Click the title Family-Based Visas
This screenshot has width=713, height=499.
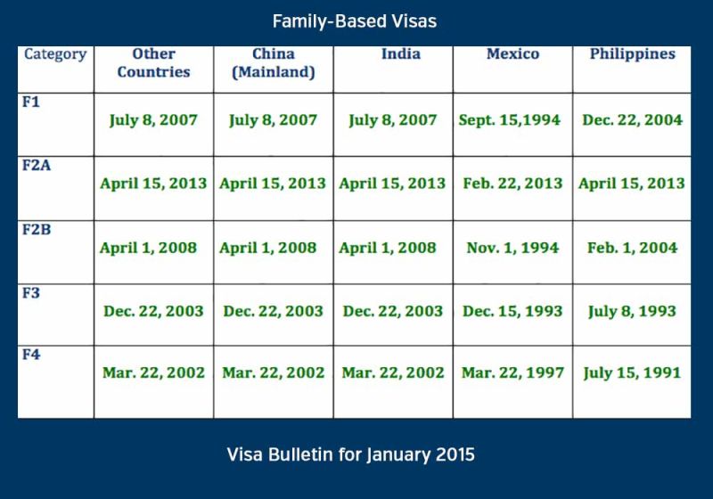pos(355,21)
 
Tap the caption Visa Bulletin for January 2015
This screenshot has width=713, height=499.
pos(350,454)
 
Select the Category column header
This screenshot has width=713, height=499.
pos(55,54)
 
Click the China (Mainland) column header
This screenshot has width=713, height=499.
pos(274,62)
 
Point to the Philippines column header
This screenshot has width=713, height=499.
pos(633,54)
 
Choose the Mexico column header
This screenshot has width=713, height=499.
pos(513,53)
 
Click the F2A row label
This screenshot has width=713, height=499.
pos(37,165)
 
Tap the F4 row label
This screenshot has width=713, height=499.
pos(31,354)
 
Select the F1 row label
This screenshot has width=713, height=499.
pos(31,102)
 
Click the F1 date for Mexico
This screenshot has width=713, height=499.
pos(509,120)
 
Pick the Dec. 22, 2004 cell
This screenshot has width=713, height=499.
pos(633,120)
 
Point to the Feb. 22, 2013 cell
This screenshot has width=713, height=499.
pos(512,184)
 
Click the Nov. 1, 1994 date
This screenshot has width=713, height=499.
pos(512,248)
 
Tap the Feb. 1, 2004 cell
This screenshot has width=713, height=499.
pos(632,248)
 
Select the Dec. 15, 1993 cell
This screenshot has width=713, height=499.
pos(512,311)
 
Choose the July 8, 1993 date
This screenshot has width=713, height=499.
pos(632,312)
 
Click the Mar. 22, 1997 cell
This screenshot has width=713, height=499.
pos(512,373)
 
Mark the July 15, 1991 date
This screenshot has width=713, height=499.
pos(632,373)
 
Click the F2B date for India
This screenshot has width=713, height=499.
pos(388,248)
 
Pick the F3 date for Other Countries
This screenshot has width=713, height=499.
pos(153,311)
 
